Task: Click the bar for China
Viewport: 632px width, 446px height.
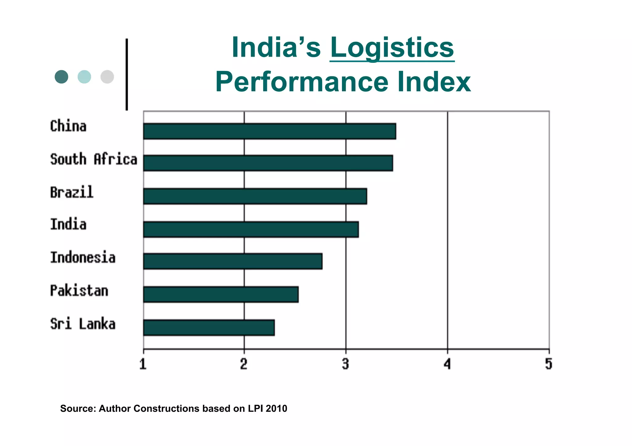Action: pos(270,131)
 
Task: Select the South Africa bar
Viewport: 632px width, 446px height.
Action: pos(268,163)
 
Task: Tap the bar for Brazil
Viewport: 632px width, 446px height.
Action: pos(255,196)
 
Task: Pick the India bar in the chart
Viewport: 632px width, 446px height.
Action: pos(251,229)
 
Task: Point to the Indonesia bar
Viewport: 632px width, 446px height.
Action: pos(233,261)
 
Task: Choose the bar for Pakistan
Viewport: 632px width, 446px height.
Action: pos(221,294)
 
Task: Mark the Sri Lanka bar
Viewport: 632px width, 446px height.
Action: pos(209,328)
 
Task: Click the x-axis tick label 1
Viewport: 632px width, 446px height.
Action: pos(143,364)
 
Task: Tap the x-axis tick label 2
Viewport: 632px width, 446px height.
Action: pos(244,364)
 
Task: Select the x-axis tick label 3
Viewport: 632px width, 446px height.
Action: pos(346,364)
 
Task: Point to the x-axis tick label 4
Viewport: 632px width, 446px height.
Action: pos(447,364)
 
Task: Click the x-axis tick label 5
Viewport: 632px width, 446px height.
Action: pos(548,364)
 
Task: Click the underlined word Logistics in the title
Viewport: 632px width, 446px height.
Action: pos(392,49)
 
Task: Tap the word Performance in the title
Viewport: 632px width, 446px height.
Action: pos(301,82)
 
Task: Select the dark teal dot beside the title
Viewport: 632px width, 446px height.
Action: pos(61,77)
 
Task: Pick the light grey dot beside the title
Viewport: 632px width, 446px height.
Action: pos(107,77)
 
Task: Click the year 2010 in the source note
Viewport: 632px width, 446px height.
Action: pos(276,408)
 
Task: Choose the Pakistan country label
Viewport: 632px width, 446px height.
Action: pos(79,291)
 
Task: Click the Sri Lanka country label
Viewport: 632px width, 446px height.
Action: pos(83,324)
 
